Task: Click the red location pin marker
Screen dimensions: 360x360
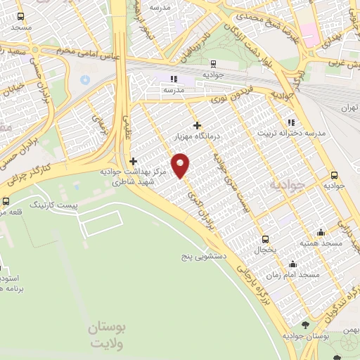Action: (x=181, y=165)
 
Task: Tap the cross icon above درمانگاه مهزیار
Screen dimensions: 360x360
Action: (x=198, y=125)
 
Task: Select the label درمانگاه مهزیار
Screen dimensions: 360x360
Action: (x=198, y=137)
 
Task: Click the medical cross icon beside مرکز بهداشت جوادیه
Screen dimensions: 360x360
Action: (x=133, y=161)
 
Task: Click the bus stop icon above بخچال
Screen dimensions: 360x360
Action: (x=265, y=238)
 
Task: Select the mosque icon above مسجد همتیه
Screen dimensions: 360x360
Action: (x=321, y=233)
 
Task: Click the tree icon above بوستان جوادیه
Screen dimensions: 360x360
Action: (x=304, y=325)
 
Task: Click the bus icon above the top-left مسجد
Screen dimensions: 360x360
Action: (x=20, y=16)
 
